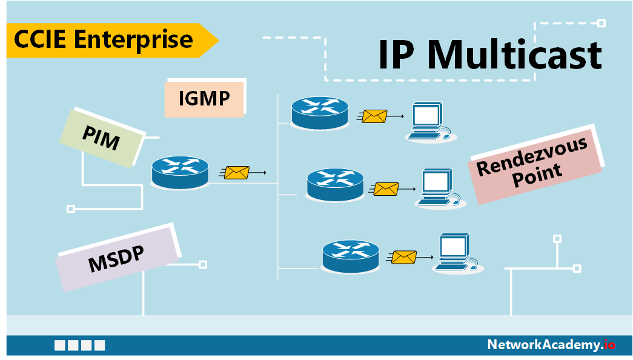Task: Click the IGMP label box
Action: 204,98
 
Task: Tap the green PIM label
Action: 102,139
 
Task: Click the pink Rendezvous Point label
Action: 534,165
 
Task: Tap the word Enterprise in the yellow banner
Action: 134,40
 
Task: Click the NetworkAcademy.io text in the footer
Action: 551,345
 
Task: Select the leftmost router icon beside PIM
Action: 179,173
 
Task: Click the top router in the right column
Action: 320,112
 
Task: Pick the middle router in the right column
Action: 335,184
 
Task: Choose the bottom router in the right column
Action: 351,256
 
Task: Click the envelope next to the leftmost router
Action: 236,173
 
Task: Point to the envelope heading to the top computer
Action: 374,116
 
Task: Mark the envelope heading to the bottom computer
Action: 403,257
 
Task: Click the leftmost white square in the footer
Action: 59,345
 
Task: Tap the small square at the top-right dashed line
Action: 602,24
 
